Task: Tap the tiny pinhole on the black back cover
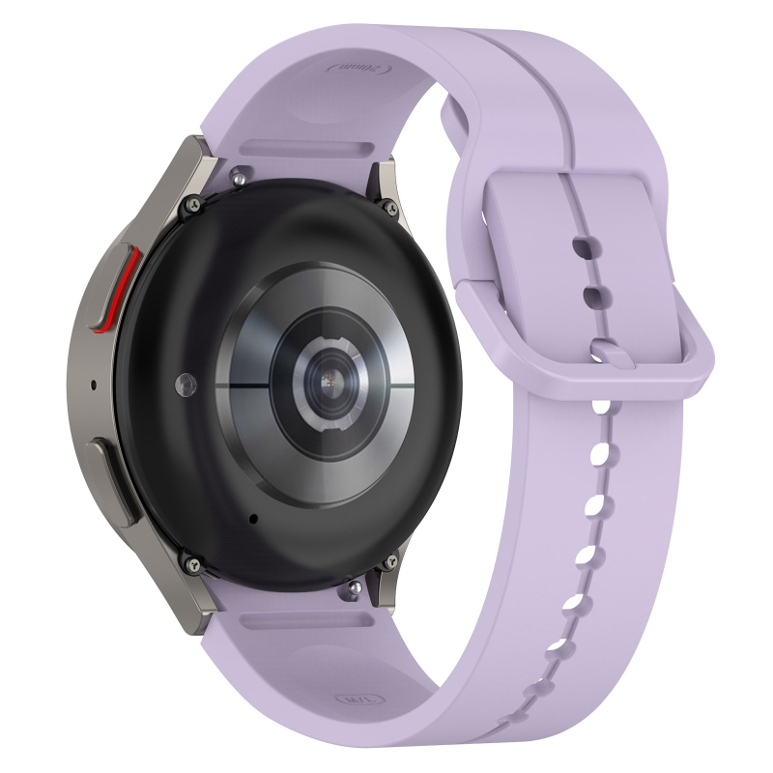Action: coord(253,519)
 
